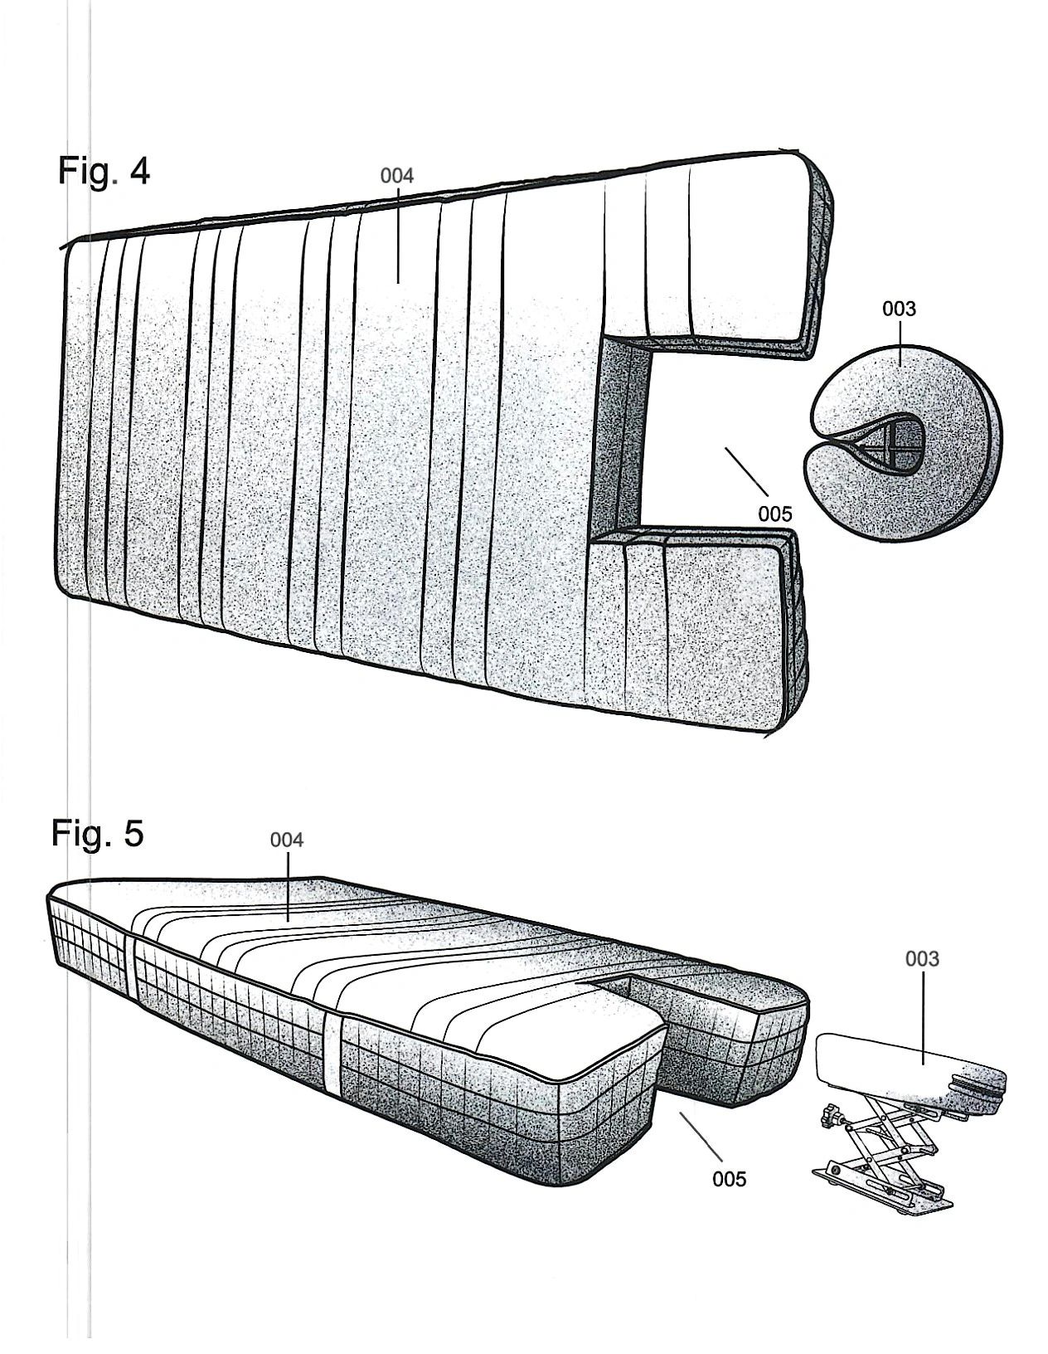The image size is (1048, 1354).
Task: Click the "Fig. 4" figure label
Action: tap(104, 171)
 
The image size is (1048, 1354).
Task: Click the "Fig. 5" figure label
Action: tap(98, 833)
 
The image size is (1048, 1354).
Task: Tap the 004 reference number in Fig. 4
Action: tap(396, 177)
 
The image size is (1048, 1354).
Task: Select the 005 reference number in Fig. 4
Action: tap(774, 514)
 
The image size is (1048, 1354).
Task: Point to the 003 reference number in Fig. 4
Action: tap(900, 309)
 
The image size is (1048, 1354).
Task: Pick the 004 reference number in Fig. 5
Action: tap(287, 840)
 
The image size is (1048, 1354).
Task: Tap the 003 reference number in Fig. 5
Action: tap(922, 959)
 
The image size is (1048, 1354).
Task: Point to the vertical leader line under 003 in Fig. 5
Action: tap(922, 1018)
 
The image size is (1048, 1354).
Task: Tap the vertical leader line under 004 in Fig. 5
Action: tap(287, 887)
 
